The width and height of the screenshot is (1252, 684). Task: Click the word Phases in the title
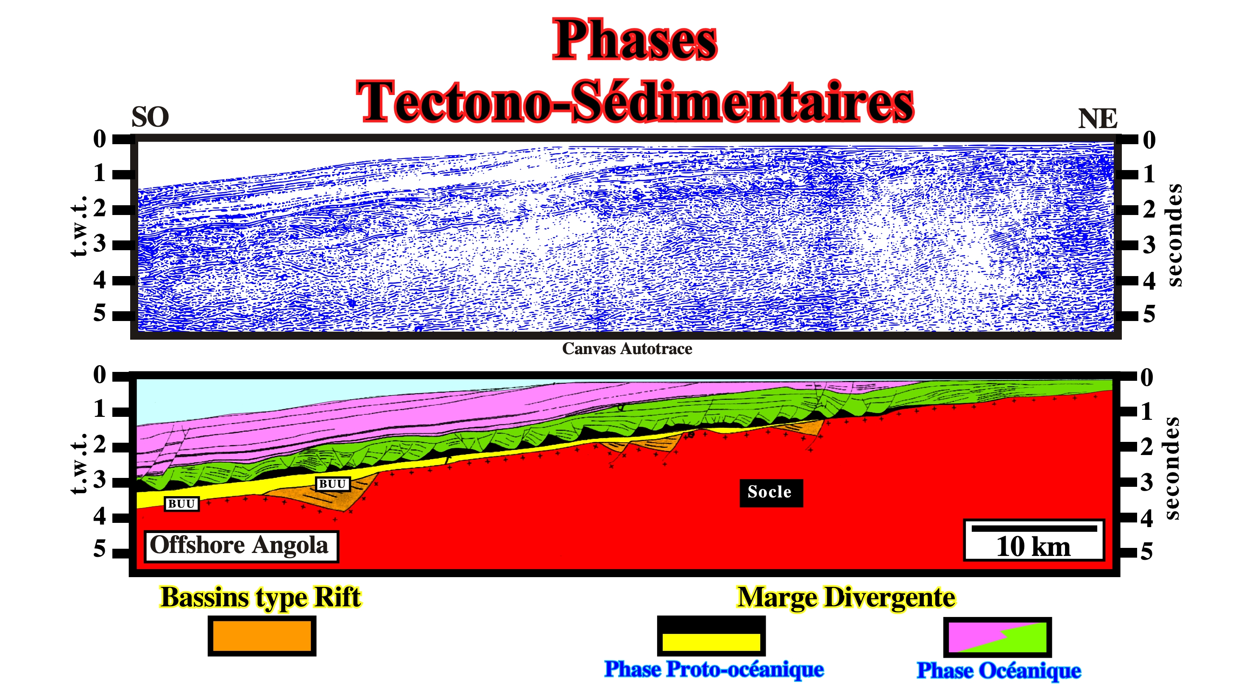635,40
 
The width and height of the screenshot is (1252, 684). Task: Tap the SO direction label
150,117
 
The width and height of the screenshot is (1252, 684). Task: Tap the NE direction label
1097,119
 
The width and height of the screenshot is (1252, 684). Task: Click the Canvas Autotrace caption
627,349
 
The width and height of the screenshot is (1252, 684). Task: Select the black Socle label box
771,492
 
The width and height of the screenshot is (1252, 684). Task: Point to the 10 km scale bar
1034,528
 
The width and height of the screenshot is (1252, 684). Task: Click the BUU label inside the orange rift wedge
332,484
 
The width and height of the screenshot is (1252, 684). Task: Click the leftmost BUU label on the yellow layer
182,504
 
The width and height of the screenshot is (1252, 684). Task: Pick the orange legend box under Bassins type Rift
262,635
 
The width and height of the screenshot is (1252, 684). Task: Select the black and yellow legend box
711,635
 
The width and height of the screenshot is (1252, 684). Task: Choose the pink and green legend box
997,637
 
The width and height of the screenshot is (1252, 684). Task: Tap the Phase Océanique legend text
999,671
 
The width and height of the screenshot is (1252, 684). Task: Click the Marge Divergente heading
846,597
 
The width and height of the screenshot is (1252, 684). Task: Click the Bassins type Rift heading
260,597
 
